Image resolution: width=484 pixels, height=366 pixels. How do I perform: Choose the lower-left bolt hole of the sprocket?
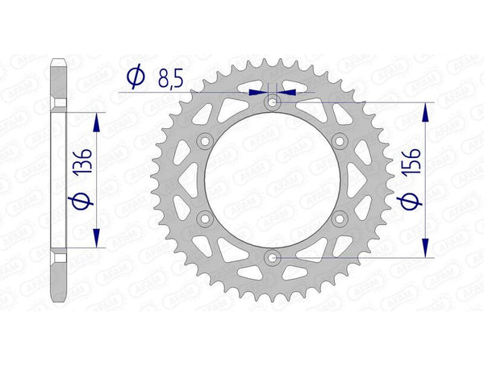point(205,218)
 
